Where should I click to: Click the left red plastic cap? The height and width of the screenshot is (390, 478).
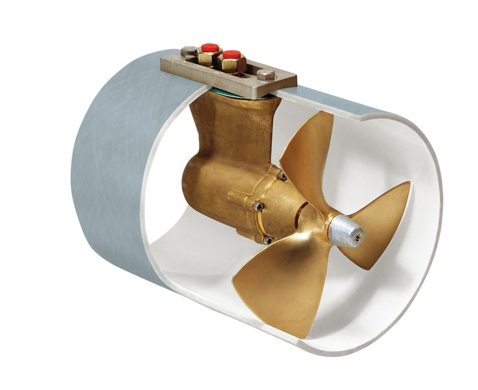coord(209,47)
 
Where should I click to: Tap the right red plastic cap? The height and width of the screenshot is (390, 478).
coord(232,55)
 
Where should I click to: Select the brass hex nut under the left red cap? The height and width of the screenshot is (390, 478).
coord(208,58)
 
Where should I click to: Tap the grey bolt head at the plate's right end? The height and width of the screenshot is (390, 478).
coord(267,75)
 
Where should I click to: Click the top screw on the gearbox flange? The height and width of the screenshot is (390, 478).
coord(282,176)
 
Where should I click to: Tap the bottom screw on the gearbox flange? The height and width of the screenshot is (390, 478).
coord(265,240)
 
